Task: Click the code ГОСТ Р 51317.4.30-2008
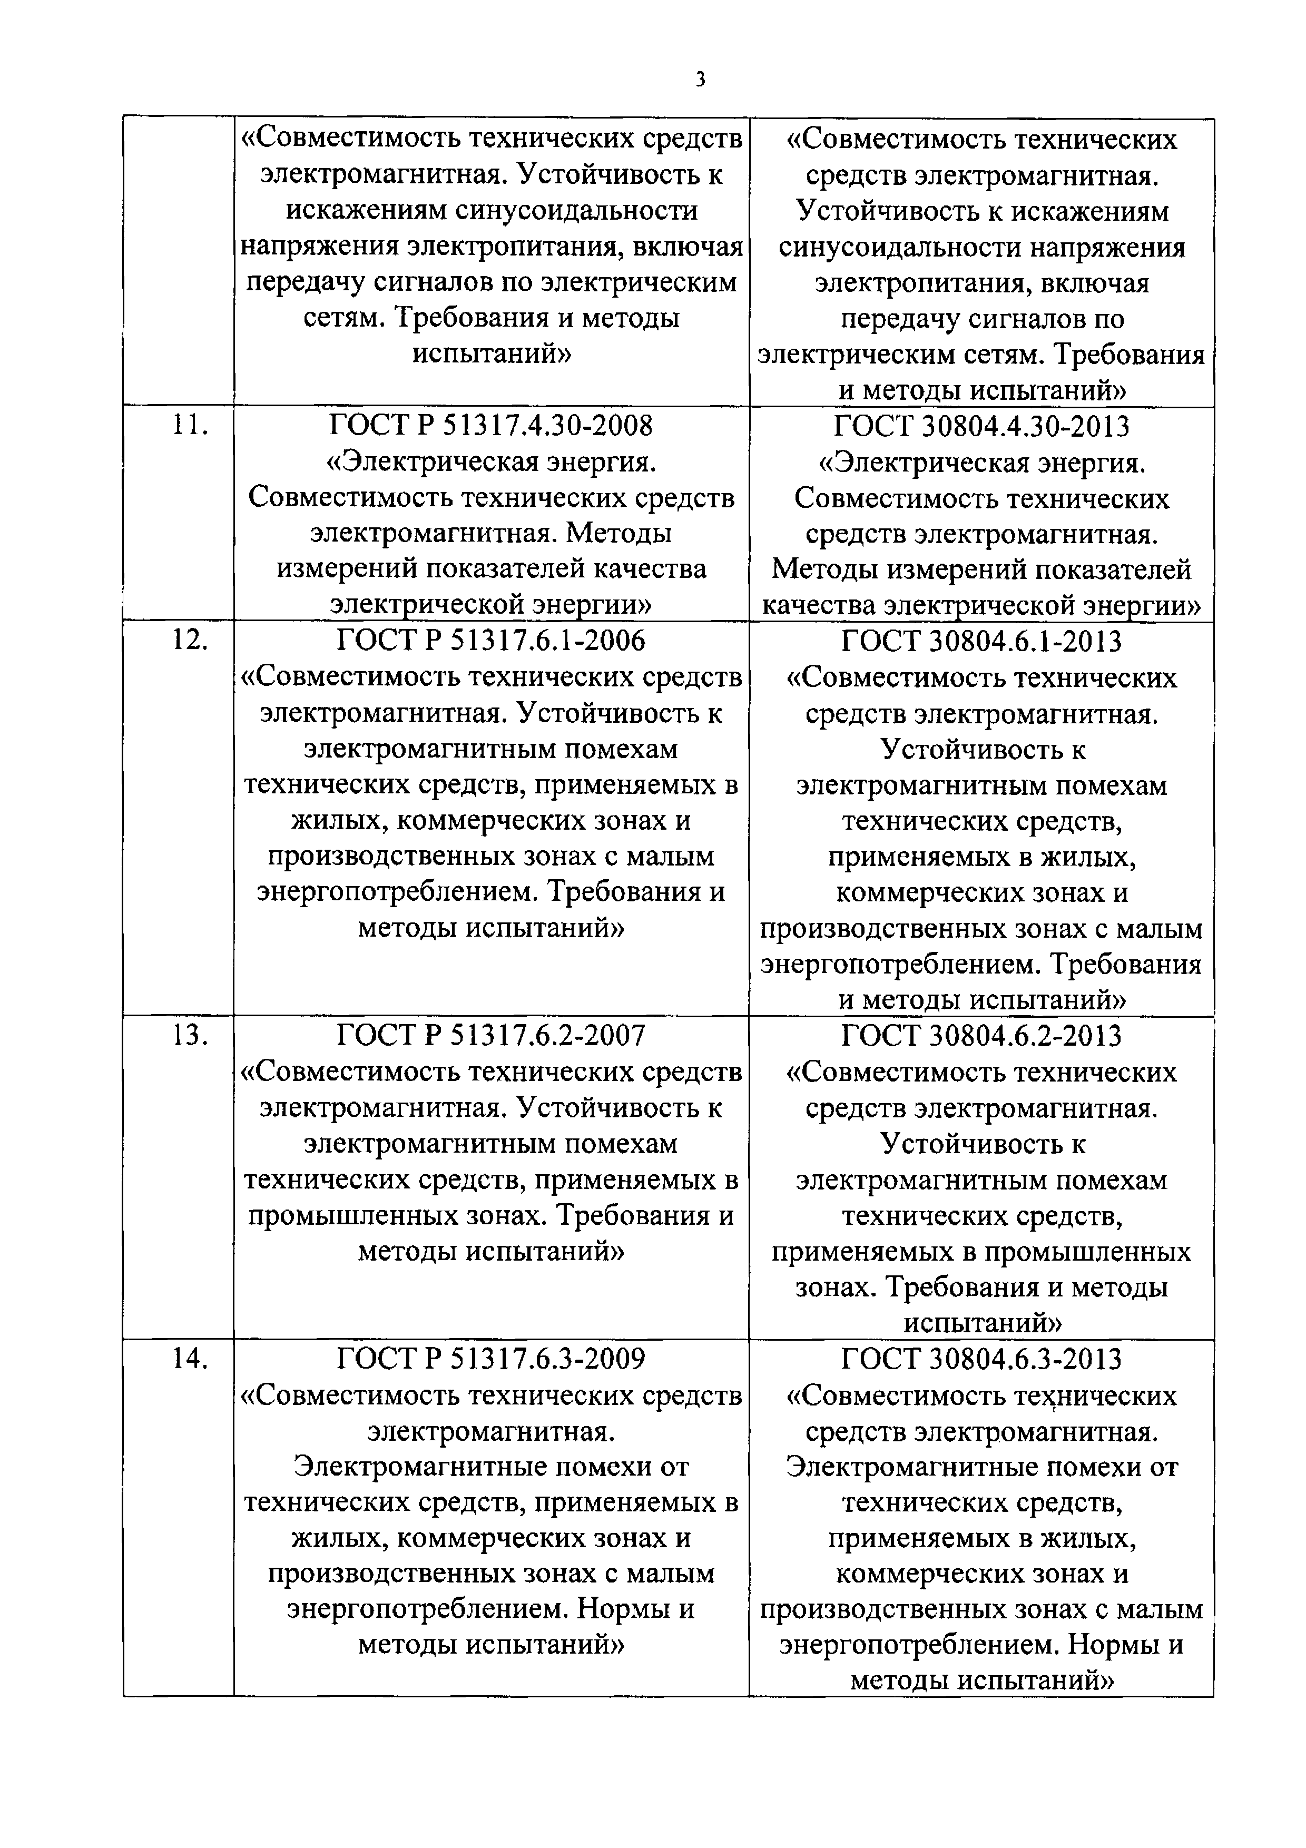pos(491,425)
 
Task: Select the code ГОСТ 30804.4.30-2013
pos(981,426)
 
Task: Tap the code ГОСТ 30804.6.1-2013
pos(981,642)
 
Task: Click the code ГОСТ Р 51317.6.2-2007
pos(491,1035)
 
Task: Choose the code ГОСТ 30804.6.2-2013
pos(981,1036)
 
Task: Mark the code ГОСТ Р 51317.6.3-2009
pos(491,1359)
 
